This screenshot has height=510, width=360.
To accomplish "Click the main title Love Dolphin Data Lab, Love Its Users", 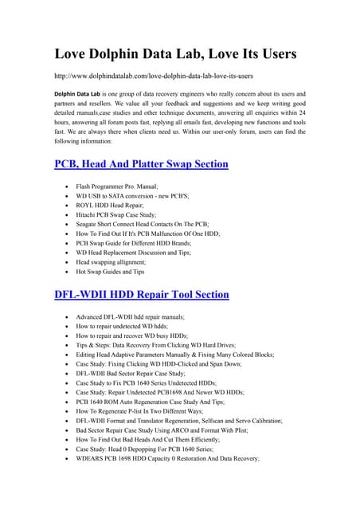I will coord(175,54).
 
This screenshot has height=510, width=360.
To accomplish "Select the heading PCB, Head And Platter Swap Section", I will coord(141,164).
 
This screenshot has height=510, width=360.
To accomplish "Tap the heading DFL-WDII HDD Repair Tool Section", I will coord(141,294).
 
